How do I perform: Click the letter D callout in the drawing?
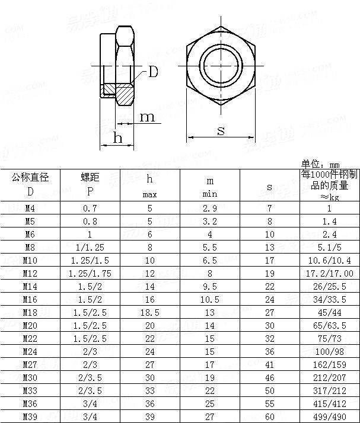tap(153, 72)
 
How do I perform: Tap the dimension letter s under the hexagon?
tap(221, 130)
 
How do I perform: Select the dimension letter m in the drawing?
tap(146, 117)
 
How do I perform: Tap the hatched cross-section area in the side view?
tap(125, 92)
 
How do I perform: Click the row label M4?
tap(30, 209)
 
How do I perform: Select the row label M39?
tap(30, 416)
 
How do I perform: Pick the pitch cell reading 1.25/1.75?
tap(90, 273)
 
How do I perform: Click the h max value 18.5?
tap(150, 312)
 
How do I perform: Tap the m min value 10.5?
tap(210, 299)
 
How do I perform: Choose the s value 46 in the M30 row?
tap(269, 377)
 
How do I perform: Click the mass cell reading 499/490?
tap(329, 416)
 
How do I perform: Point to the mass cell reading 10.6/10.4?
tap(329, 260)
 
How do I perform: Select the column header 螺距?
tap(90, 177)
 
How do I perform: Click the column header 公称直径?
tap(30, 177)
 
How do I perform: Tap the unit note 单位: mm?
tap(320, 164)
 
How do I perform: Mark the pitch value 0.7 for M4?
tap(90, 209)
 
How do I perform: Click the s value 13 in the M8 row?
tap(269, 248)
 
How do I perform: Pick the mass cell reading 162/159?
tap(329, 364)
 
